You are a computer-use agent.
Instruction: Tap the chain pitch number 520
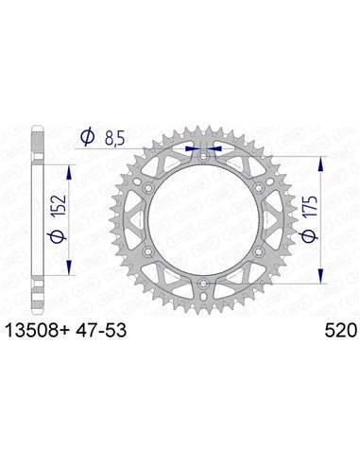(x=334, y=332)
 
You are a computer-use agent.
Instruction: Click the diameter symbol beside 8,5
(x=88, y=138)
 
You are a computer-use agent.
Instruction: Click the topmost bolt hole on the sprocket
(x=205, y=149)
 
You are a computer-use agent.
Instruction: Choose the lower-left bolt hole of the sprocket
(x=148, y=248)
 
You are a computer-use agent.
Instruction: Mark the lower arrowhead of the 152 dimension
(x=70, y=270)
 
